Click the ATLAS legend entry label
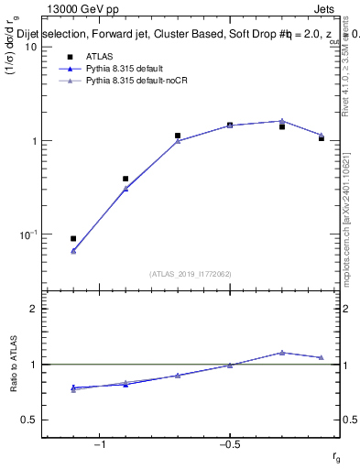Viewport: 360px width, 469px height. point(99,57)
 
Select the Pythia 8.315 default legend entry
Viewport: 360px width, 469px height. point(124,69)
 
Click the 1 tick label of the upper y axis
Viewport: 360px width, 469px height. point(34,141)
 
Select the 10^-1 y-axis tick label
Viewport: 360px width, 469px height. point(28,234)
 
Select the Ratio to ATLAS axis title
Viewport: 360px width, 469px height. point(14,365)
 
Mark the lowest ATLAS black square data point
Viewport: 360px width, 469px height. point(73,238)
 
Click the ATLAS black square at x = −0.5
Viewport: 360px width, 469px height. point(230,125)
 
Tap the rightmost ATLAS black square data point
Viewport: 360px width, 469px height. point(322,138)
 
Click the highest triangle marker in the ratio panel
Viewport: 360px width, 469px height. point(282,353)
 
